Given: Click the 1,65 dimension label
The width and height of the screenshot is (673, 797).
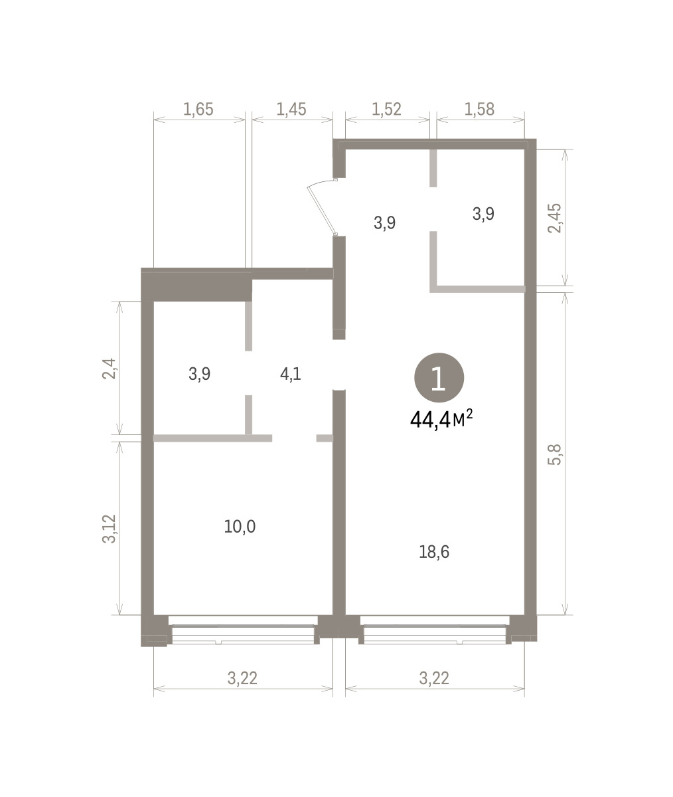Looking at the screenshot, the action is (x=198, y=109).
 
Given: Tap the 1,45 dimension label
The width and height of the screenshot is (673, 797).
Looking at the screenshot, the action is (x=291, y=109).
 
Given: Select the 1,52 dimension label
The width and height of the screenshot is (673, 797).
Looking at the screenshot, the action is (x=386, y=109).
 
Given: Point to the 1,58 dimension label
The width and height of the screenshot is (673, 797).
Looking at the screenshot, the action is (x=480, y=109).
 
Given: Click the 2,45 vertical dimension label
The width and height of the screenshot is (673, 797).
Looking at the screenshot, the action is (x=554, y=218).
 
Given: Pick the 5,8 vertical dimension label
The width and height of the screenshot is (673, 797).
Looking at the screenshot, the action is (x=554, y=454).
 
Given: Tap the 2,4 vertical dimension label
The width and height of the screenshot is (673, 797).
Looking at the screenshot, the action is (x=109, y=369).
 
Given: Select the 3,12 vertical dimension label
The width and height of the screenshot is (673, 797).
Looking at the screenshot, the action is (x=109, y=529).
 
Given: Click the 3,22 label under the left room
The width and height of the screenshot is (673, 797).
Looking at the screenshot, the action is (x=242, y=678).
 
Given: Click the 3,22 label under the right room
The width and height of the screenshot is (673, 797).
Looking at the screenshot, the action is (x=434, y=678).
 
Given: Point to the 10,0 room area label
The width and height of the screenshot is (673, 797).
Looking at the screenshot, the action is (x=240, y=527).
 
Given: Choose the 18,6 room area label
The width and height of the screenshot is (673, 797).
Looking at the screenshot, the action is (x=434, y=552).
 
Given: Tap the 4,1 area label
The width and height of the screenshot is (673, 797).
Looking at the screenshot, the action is (x=291, y=374).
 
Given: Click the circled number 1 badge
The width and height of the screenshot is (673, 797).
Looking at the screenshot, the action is (x=439, y=377).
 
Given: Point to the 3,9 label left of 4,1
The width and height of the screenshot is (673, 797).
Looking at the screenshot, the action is (x=200, y=374).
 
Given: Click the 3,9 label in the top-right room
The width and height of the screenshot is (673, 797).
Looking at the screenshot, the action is (x=483, y=214).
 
